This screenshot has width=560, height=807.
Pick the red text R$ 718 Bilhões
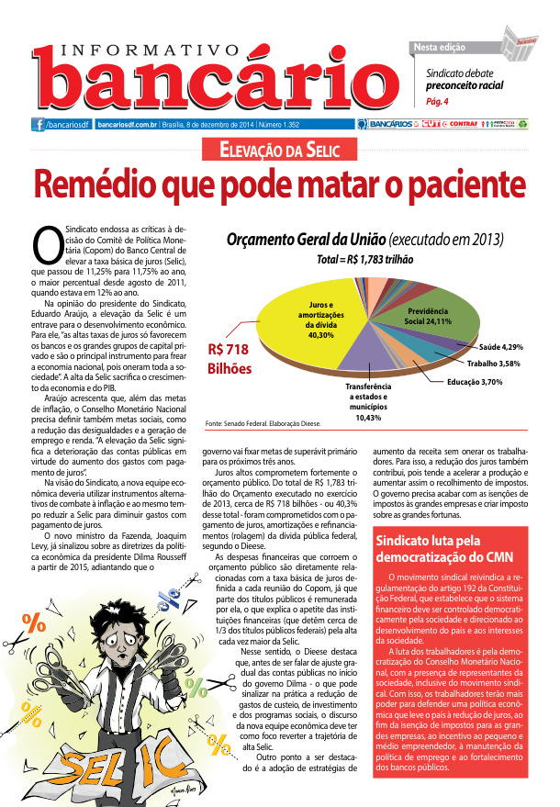coord(229,358)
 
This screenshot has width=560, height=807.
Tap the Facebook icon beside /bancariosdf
coord(39,124)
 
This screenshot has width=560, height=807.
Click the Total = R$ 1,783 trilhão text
coord(367,260)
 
